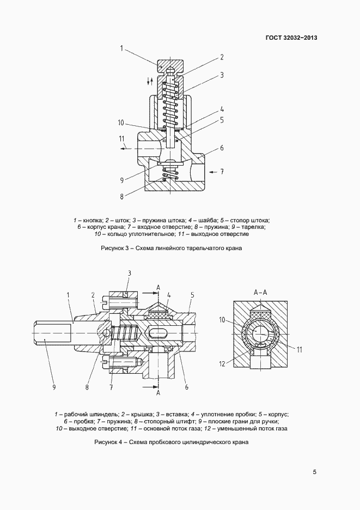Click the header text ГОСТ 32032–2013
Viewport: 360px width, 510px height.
(291, 38)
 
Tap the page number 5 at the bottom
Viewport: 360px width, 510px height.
(315, 472)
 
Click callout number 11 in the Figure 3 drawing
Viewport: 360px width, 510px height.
(121, 138)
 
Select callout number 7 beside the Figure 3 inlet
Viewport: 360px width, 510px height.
(222, 171)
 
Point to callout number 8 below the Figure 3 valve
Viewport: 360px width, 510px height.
(121, 196)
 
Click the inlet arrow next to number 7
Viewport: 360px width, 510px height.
(212, 171)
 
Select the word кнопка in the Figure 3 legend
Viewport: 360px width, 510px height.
(91, 220)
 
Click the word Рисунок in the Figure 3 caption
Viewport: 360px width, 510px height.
(113, 248)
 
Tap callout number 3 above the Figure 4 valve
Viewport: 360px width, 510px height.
(129, 272)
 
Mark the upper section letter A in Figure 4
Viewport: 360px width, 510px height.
(158, 287)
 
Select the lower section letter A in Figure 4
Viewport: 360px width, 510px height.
(158, 393)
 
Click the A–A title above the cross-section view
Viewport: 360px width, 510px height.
(261, 292)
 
